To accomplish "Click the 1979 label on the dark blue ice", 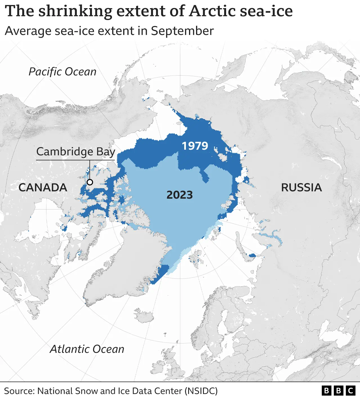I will click(195, 146).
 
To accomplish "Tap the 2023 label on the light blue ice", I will click(179, 195).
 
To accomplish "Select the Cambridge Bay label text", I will click(76, 152).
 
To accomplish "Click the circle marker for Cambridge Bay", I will click(90, 182).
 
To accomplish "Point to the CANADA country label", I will click(43, 187).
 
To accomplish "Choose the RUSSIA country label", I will click(301, 187).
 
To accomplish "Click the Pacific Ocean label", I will click(62, 72).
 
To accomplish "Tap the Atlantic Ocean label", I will click(87, 349).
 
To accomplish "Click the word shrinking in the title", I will click(75, 11).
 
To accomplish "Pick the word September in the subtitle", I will click(182, 31).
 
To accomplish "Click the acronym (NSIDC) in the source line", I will click(201, 391).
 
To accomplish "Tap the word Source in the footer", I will click(19, 391).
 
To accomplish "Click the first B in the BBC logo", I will click(326, 391).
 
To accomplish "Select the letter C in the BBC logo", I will click(350, 391).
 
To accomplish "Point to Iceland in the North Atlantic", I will click(144, 315).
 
